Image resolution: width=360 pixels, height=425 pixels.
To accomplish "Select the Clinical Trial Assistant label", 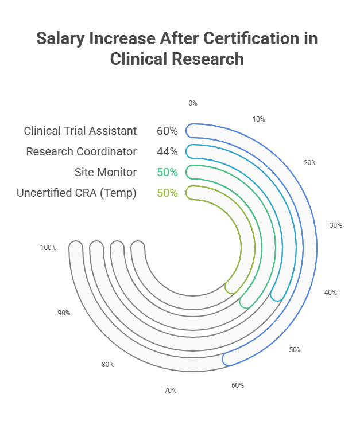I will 80,131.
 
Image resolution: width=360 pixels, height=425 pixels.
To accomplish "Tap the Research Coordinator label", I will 81,151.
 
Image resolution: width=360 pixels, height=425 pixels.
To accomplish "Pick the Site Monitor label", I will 105,172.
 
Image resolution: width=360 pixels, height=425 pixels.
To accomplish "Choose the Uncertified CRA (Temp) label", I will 76,193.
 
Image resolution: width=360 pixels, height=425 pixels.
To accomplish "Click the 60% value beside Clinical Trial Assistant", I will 167,131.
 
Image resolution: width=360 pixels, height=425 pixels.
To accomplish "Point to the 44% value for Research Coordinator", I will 167,151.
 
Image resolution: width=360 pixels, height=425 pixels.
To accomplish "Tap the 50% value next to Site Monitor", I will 167,172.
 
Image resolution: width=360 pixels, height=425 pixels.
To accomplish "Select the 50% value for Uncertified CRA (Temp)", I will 167,193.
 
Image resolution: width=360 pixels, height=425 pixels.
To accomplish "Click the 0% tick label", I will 192,103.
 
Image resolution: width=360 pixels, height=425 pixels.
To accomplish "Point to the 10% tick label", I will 258,119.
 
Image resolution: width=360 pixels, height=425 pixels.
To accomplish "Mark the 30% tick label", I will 335,225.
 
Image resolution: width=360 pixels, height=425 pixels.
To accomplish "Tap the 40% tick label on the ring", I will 330,293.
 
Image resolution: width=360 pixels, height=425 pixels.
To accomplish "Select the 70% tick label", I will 170,391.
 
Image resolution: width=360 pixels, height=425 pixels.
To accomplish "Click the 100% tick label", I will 48,248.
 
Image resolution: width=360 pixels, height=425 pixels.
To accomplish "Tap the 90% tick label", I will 64,313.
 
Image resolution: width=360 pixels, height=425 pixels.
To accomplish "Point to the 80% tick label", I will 107,365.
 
